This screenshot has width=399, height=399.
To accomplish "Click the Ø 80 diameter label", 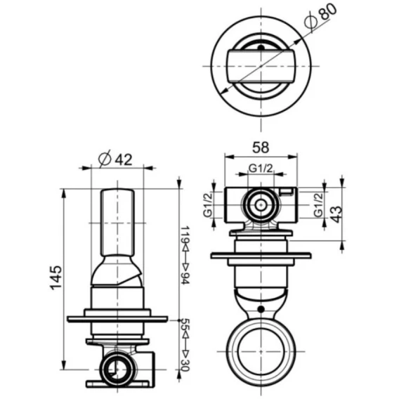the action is click(x=320, y=16).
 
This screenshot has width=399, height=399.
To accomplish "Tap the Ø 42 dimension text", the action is click(x=115, y=159).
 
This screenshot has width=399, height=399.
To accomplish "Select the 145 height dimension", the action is click(x=56, y=278).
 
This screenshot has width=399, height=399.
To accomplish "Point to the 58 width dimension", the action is click(x=261, y=148).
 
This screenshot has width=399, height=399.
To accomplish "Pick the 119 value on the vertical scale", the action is click(x=185, y=234).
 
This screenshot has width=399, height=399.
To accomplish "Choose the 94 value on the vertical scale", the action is click(x=185, y=278).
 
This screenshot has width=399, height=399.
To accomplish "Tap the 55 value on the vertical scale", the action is click(x=185, y=325).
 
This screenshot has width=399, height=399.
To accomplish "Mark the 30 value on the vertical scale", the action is click(x=185, y=365).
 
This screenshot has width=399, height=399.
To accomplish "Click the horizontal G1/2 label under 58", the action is click(x=261, y=168).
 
